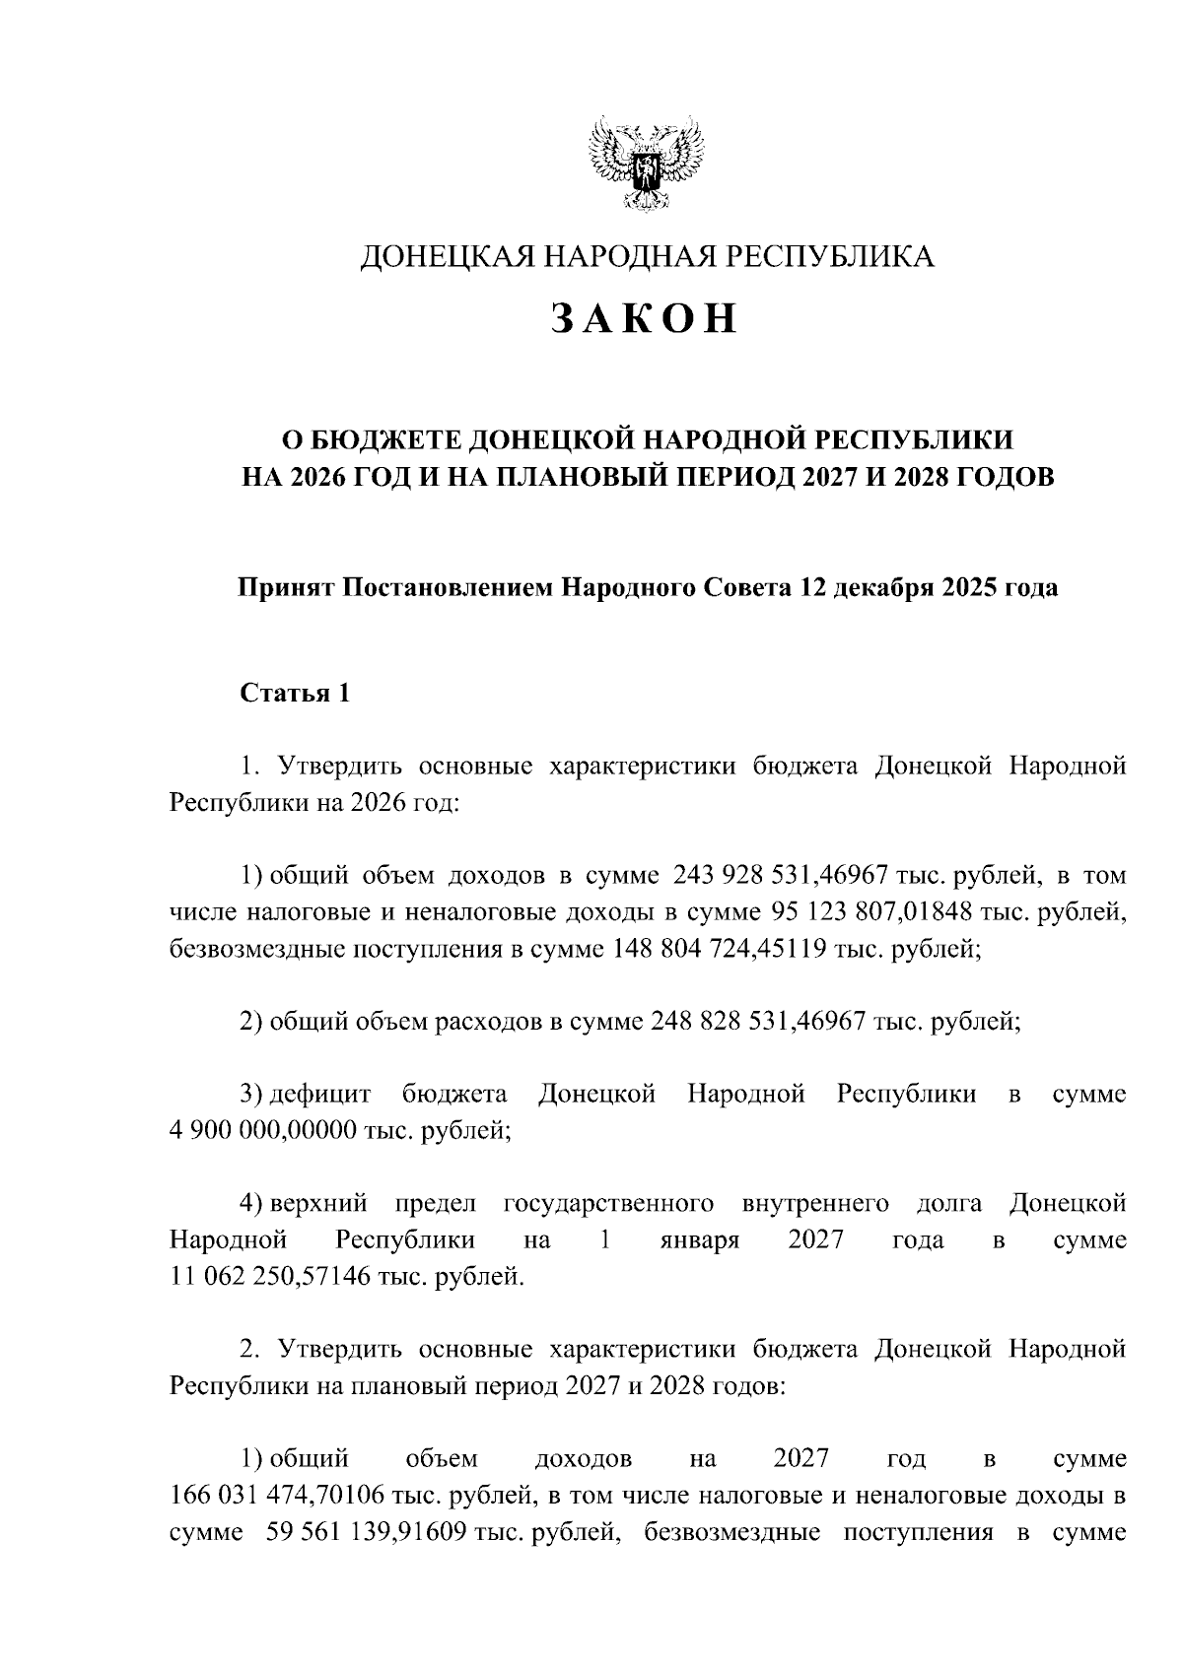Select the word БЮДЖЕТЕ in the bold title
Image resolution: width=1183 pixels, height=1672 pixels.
pyautogui.click(x=382, y=438)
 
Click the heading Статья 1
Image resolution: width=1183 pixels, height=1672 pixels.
pyautogui.click(x=295, y=694)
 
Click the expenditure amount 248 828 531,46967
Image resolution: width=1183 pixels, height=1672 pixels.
pyautogui.click(x=758, y=1022)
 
